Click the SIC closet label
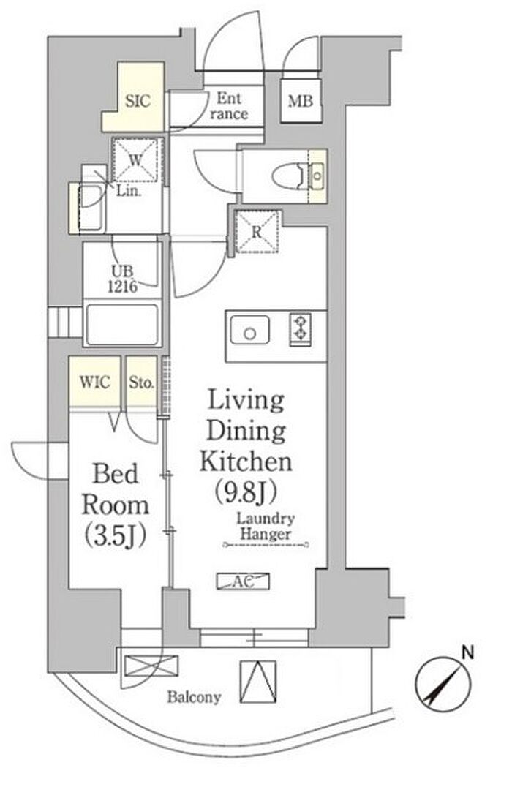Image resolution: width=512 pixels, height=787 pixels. pos(138,101)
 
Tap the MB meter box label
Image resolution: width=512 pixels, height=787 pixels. pos(300,101)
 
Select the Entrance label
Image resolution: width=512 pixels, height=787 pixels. pos(229,106)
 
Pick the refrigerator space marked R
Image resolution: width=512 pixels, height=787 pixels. pos(257,231)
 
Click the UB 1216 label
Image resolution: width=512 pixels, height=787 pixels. pos(122,279)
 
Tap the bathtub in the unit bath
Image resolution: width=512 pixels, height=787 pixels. pos(122,324)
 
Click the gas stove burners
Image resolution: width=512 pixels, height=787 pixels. pos(300,329)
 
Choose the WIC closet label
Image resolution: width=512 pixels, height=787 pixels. pos(94,382)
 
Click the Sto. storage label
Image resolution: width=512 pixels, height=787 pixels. pos(141,383)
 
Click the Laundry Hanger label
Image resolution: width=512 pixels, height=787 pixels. pos(266,527)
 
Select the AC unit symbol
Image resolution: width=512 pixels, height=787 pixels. pos(243,581)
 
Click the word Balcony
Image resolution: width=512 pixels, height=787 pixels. pos(194,696)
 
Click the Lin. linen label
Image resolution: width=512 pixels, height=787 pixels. pos(129,191)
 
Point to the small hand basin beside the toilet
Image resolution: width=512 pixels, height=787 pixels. pos(317,176)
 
